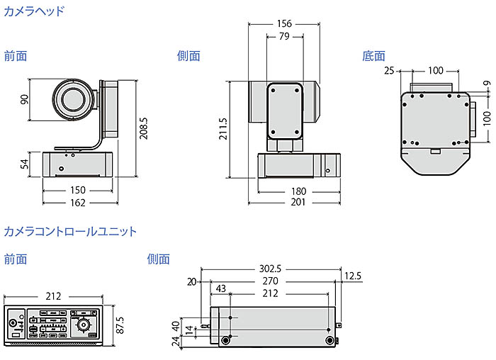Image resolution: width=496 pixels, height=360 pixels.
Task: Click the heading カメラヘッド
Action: [x=34, y=11]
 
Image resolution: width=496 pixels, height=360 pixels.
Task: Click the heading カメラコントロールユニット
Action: [x=70, y=232]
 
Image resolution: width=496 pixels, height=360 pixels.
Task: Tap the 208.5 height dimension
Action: [x=144, y=118]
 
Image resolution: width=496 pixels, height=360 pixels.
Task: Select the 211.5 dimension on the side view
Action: [x=223, y=129]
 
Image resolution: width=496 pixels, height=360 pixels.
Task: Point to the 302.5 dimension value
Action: [x=269, y=269]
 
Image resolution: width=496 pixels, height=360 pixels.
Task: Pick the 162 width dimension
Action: [x=78, y=203]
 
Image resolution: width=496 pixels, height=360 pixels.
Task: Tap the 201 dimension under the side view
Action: [x=298, y=203]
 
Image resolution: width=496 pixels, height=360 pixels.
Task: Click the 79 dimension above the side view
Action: [x=283, y=37]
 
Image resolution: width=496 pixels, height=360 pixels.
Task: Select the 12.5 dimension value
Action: [x=353, y=276]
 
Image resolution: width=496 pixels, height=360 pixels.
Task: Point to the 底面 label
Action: [x=373, y=56]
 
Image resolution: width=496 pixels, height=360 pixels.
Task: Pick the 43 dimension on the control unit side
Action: [x=221, y=289]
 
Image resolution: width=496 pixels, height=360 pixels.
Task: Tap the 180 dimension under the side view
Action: [x=298, y=190]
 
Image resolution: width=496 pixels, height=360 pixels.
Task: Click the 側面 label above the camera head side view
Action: [x=188, y=56]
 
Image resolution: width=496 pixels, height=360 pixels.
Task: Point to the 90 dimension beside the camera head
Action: [x=24, y=99]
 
